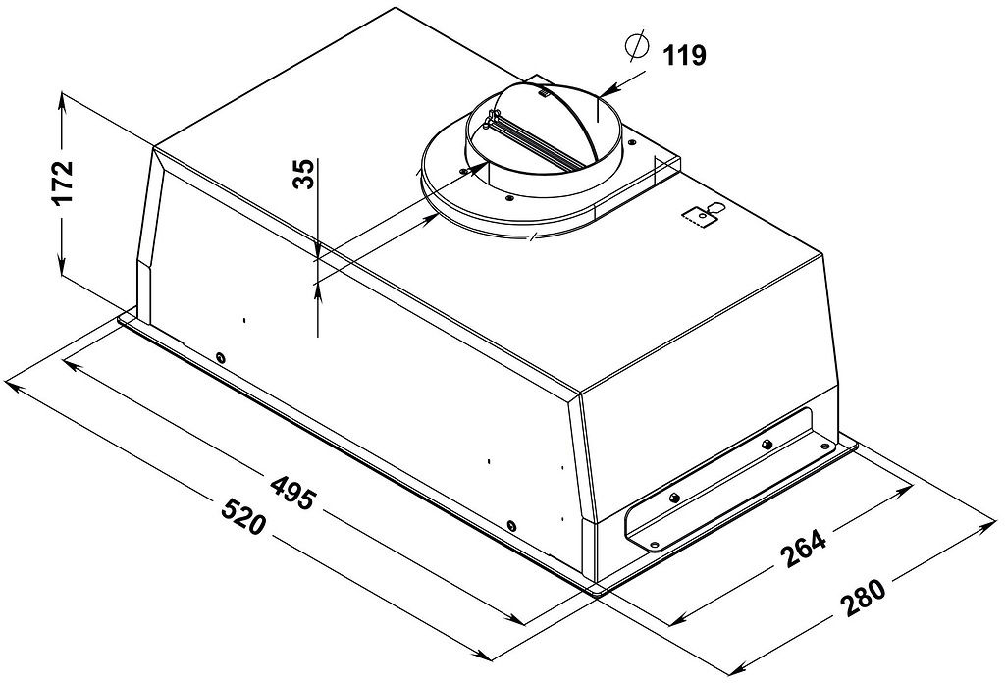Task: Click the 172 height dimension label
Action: [63, 182]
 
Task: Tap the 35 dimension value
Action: [304, 174]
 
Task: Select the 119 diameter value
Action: [684, 55]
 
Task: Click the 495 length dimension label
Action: [293, 492]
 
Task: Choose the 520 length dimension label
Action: [242, 516]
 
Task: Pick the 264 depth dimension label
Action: [804, 549]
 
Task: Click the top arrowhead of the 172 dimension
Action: [62, 101]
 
